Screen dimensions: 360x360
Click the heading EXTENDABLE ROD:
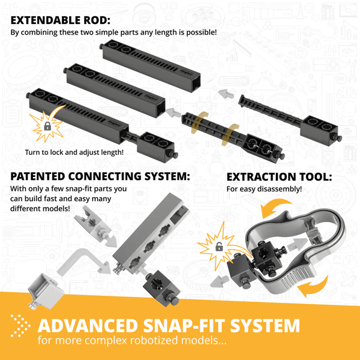pos(61,20)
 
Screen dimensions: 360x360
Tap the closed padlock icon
pos(47,126)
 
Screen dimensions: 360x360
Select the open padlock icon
pos(219,247)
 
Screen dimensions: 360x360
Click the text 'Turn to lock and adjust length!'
pos(74,152)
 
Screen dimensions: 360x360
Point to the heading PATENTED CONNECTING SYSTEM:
pos(100,176)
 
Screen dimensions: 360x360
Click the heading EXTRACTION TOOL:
pos(279,177)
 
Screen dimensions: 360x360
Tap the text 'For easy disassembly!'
pos(264,189)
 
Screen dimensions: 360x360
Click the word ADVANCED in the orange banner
pos(89,326)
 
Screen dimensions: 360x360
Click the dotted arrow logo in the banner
pos(20,326)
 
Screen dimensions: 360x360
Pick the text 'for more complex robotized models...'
pos(132,340)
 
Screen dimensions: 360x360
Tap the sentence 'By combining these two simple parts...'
pos(113,32)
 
